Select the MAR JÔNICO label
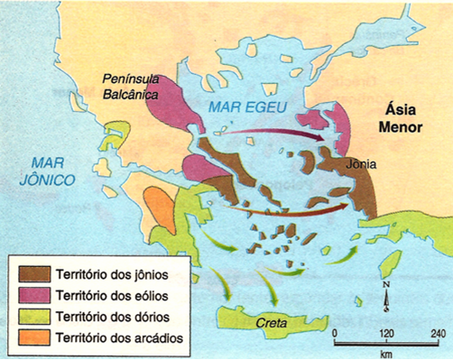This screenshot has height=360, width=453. coord(51,171)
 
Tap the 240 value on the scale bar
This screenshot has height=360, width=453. coord(437,332)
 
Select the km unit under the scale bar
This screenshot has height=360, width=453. coord(386,353)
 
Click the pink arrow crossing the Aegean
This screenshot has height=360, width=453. coord(271,133)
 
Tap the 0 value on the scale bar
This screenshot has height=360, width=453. coord(334,332)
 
